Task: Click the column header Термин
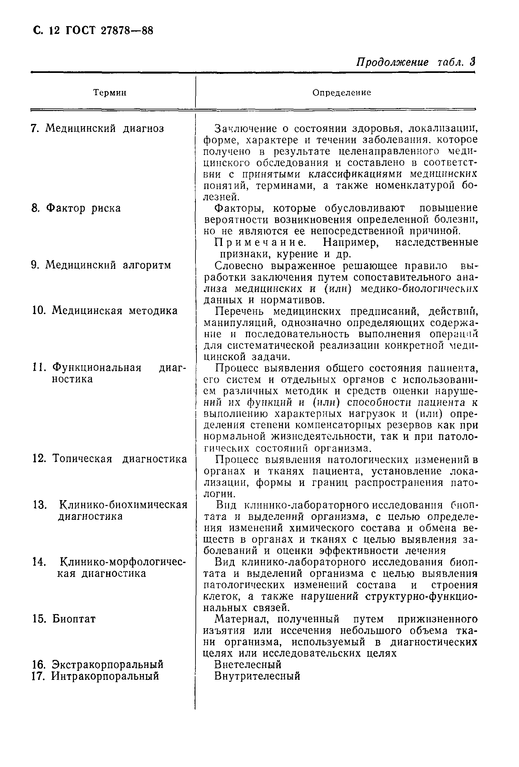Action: tap(110, 93)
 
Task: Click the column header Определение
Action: tap(342, 93)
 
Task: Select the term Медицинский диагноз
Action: tap(104, 128)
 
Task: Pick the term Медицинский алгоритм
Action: tap(108, 265)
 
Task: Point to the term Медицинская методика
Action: tap(115, 310)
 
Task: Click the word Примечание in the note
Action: tap(260, 243)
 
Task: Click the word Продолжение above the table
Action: tap(392, 62)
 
